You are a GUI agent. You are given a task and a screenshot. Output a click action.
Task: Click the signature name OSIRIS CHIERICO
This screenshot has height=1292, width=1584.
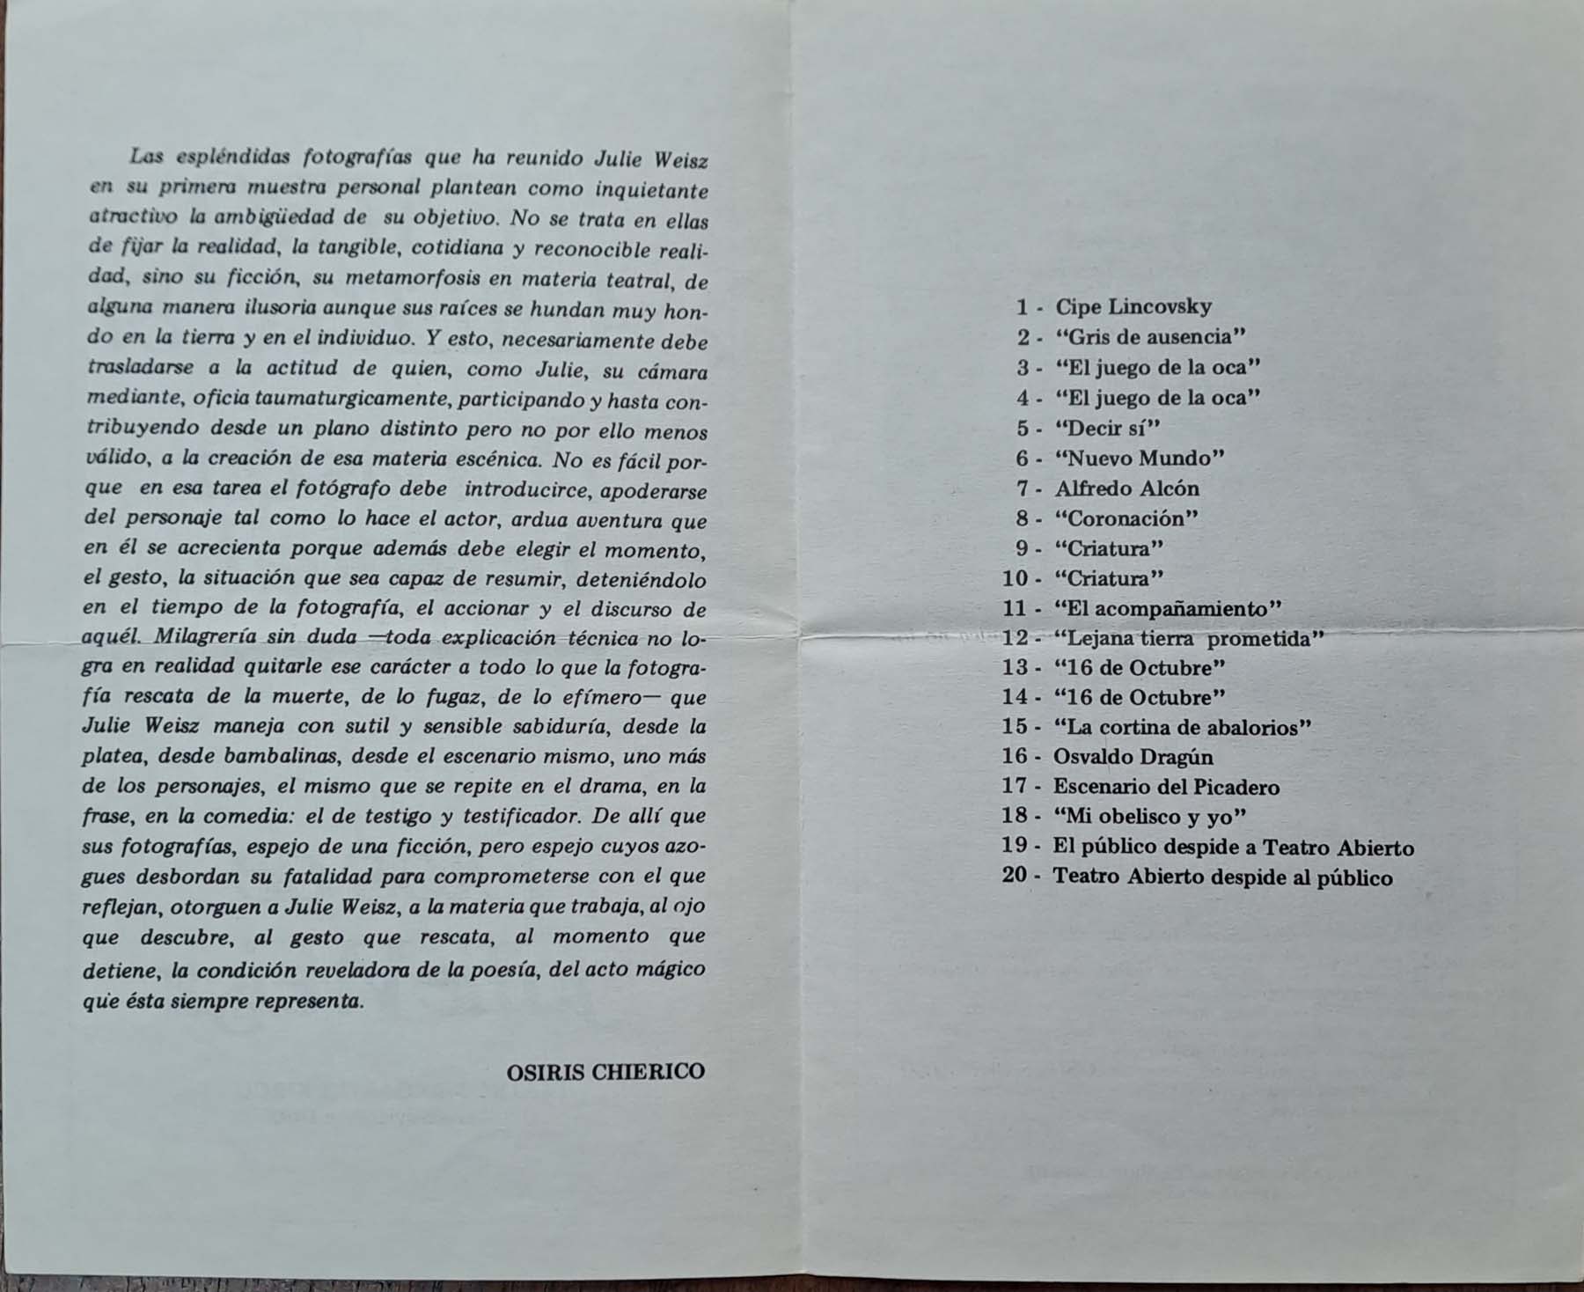(605, 1072)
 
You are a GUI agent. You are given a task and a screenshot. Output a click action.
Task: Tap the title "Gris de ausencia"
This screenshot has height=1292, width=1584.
(1150, 337)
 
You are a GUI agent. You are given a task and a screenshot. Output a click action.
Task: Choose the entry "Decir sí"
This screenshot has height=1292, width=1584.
(1108, 429)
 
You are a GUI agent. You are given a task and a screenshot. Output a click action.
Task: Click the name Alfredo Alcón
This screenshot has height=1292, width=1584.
(1127, 488)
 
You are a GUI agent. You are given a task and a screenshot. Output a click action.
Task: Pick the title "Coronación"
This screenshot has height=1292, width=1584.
(1126, 518)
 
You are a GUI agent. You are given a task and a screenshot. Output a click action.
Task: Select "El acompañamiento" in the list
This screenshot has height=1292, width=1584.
(1167, 609)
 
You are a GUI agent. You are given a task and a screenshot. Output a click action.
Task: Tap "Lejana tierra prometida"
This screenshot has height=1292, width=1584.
(1189, 639)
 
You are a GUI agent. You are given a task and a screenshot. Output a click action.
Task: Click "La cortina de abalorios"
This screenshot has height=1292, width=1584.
(1183, 728)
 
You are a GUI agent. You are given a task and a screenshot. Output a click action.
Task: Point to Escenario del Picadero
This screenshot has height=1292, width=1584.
(1166, 787)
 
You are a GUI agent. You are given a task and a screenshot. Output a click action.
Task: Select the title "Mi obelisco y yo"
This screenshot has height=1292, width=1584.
(1150, 817)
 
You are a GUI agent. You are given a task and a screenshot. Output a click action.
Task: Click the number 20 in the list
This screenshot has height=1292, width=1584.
(1015, 877)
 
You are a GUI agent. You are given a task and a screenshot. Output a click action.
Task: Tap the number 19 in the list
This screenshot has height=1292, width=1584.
(1015, 847)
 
